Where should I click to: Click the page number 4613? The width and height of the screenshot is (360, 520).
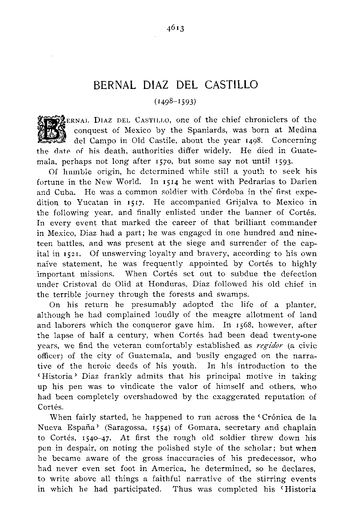(176, 28)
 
